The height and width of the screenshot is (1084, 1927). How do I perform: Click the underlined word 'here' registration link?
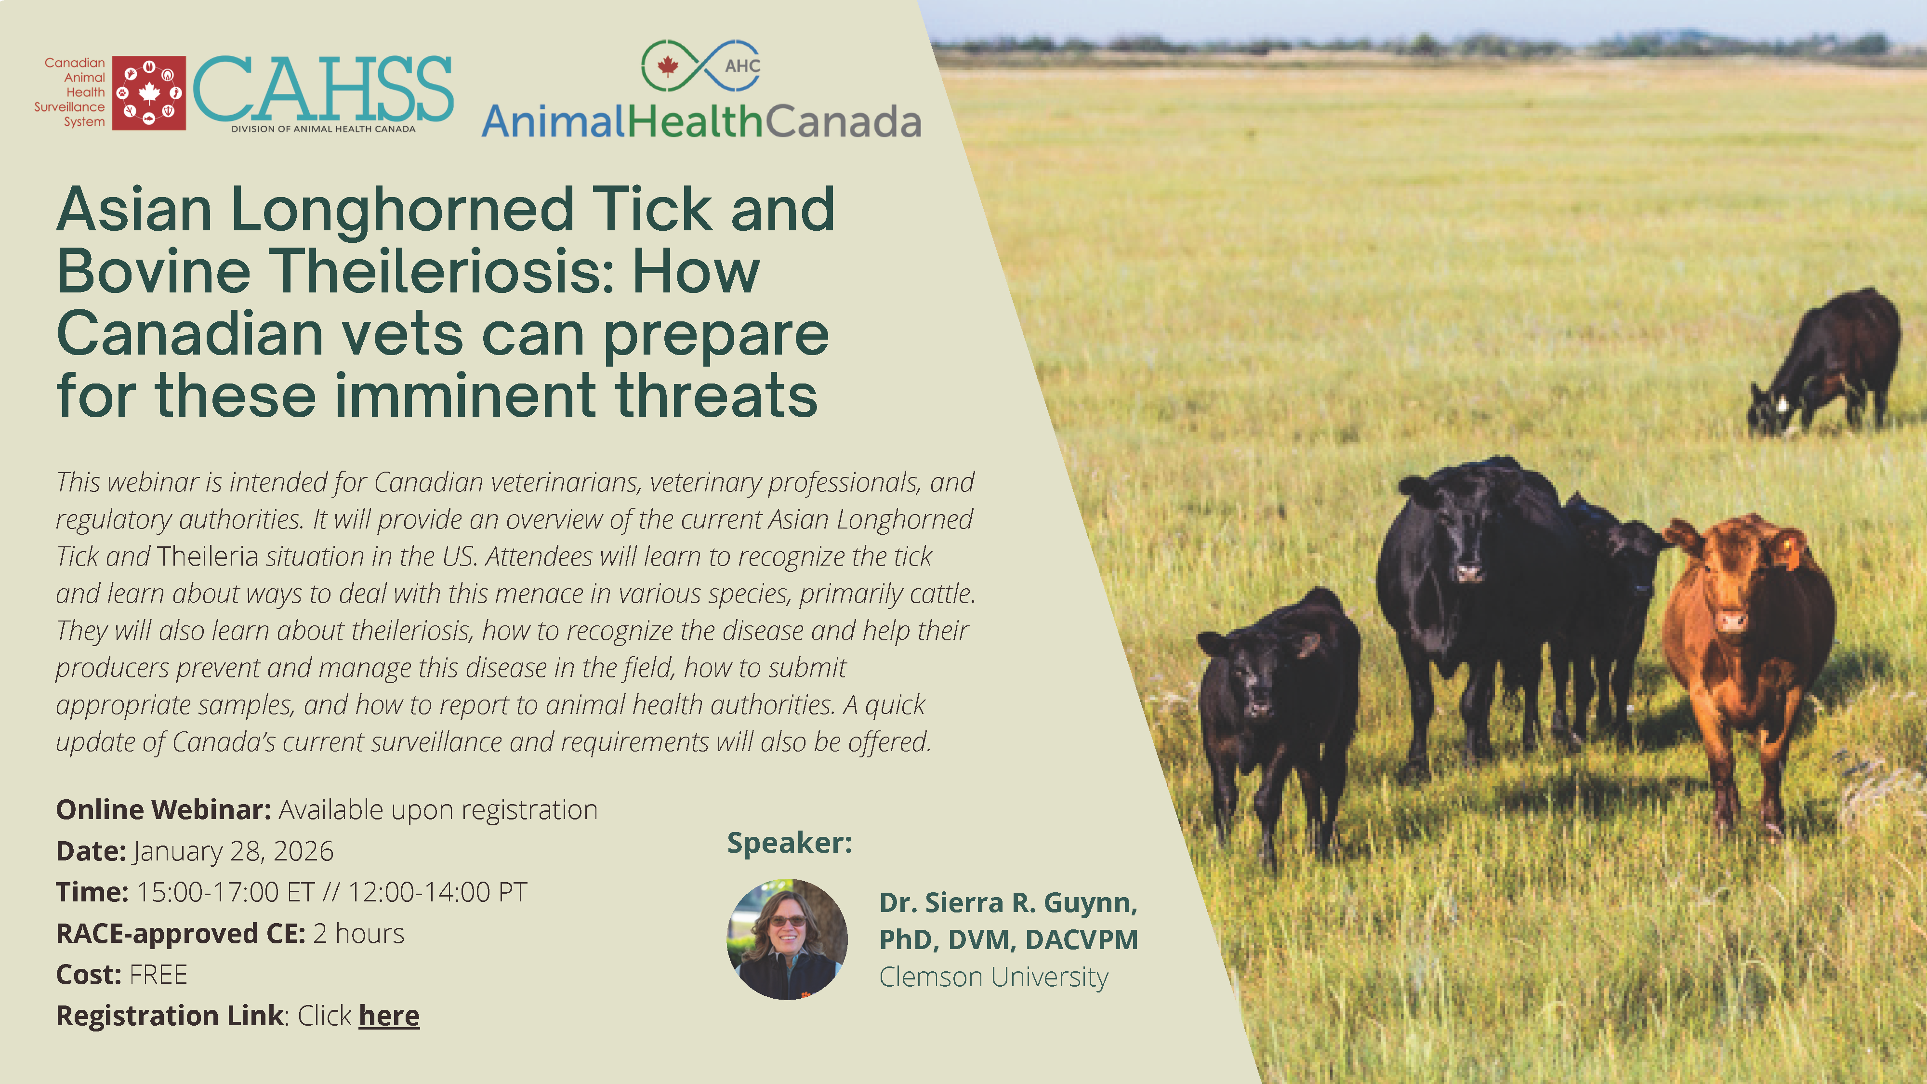(389, 1016)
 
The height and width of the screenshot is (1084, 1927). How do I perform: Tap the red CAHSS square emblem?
(149, 93)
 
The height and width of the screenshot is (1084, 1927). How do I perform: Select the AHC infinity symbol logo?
(701, 66)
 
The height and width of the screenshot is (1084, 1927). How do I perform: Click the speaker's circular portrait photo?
(787, 939)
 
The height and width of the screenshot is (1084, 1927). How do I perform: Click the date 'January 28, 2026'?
(233, 851)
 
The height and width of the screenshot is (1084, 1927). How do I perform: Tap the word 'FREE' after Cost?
(158, 975)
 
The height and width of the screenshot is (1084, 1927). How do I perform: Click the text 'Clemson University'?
(993, 977)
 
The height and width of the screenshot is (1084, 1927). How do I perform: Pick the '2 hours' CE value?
(359, 934)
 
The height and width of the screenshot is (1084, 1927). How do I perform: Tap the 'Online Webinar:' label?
(164, 810)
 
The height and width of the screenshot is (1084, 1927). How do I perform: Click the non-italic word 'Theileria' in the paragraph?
(207, 556)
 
